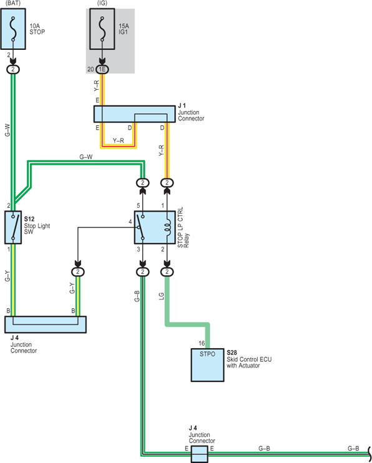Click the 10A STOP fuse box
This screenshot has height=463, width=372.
(x=13, y=29)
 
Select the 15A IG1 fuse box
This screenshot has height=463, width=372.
(x=102, y=29)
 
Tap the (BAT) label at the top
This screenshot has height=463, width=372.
(x=13, y=3)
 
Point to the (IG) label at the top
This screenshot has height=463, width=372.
(x=102, y=3)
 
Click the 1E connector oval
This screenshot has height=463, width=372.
(x=102, y=69)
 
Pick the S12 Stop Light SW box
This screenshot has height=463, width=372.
(x=13, y=227)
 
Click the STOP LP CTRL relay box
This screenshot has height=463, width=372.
(x=155, y=227)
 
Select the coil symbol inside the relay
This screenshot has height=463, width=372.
(x=167, y=228)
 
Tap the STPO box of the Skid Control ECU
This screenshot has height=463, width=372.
(x=207, y=365)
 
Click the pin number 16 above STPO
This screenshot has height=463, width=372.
(x=202, y=343)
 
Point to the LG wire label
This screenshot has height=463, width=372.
(x=161, y=296)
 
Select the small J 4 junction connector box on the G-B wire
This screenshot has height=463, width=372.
(x=199, y=454)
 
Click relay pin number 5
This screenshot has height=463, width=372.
(x=139, y=205)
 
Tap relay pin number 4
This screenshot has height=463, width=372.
(x=130, y=222)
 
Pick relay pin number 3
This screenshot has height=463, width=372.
(x=139, y=250)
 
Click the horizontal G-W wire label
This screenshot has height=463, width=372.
(x=86, y=157)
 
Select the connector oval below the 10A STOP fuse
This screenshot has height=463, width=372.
(x=13, y=69)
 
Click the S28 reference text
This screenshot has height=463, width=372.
(x=232, y=353)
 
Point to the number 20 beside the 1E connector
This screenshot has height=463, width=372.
(x=91, y=69)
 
